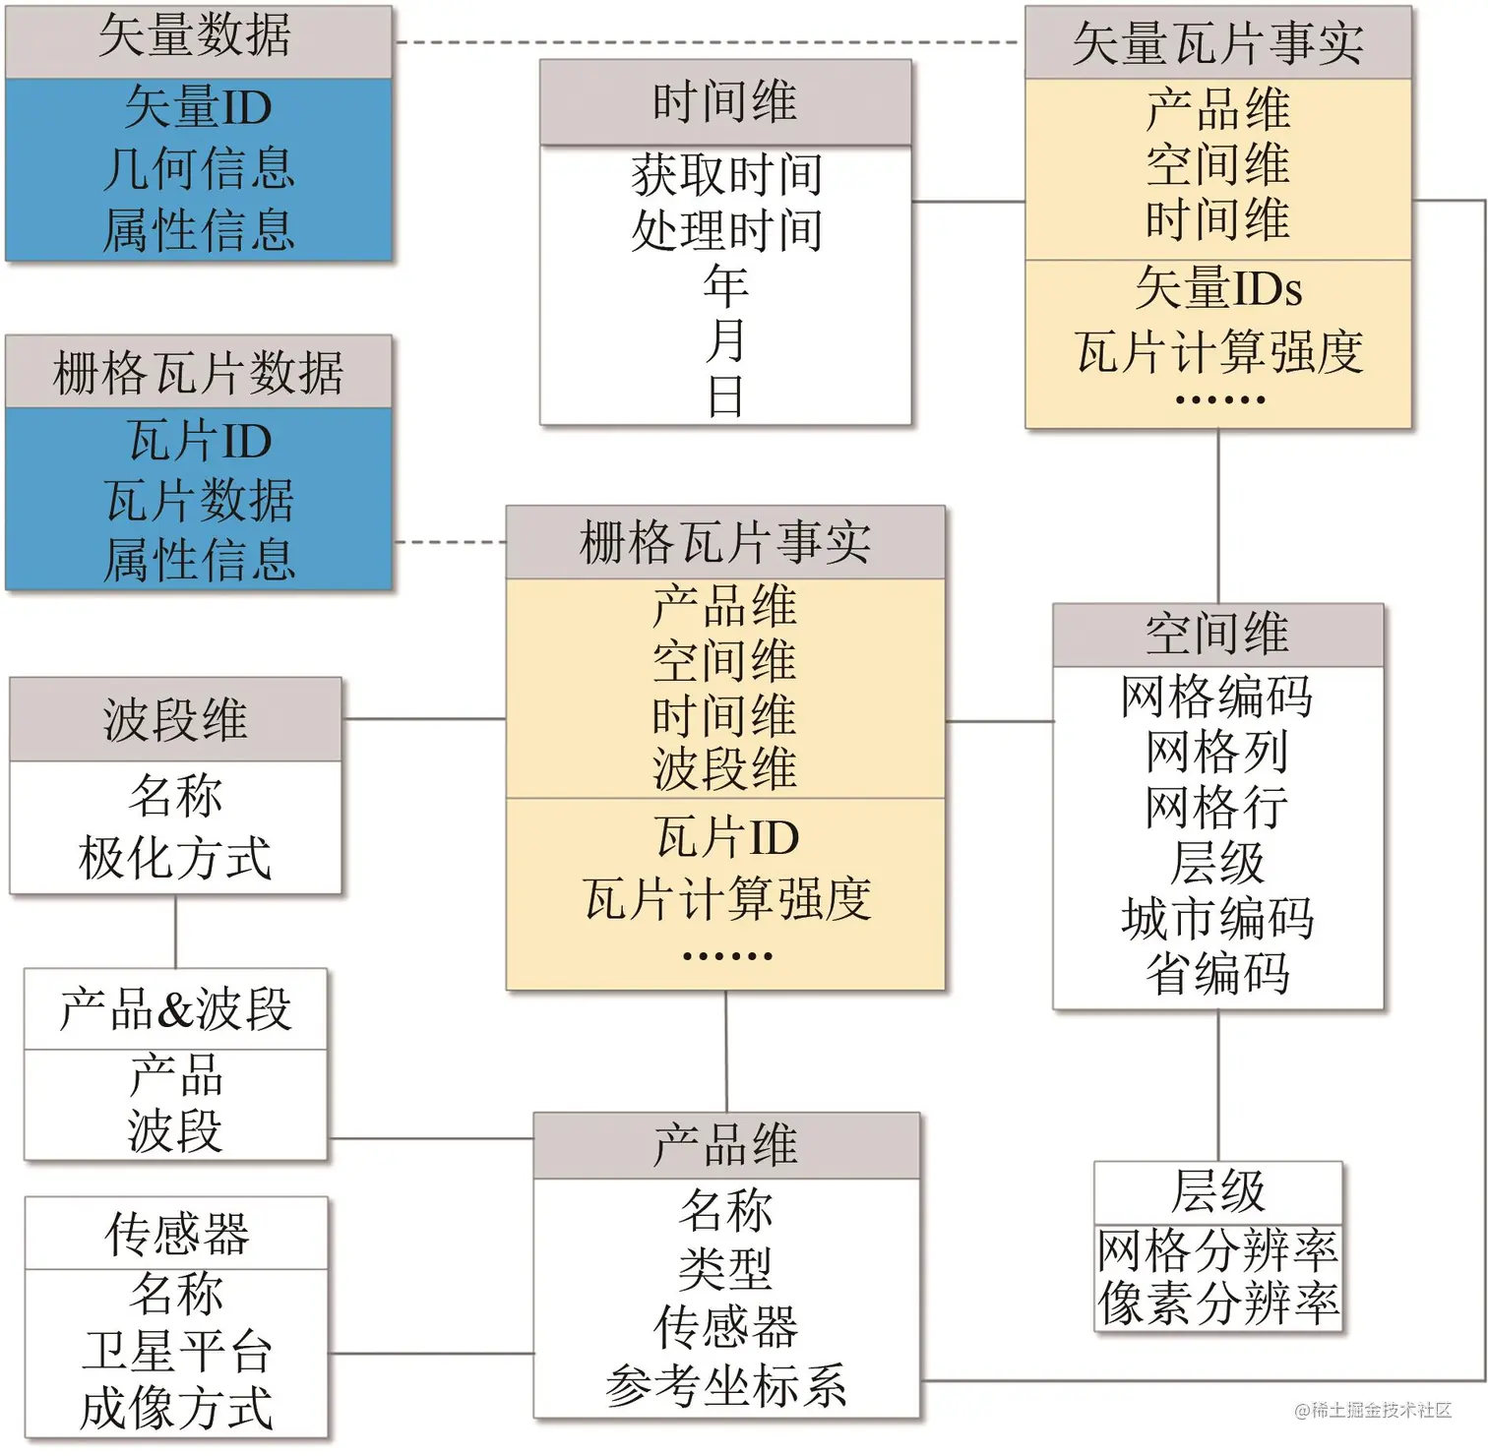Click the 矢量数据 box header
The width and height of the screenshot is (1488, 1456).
pos(197,37)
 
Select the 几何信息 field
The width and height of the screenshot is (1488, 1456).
pos(199,168)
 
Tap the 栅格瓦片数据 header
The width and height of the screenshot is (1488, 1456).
pos(198,373)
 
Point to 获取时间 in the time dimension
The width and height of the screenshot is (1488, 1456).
pos(726,175)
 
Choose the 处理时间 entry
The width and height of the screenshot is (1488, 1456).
pos(726,231)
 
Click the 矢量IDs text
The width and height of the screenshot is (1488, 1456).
pos(1218,289)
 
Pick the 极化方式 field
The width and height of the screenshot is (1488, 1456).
pos(175,858)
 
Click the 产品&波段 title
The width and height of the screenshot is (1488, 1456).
pos(175,1009)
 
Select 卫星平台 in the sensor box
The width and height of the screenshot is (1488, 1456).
pos(176,1352)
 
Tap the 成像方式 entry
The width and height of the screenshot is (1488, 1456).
pos(176,1408)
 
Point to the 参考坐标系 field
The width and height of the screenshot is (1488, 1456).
pos(726,1386)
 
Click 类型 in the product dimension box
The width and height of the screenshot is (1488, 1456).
pos(726,1268)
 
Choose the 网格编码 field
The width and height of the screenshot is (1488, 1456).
pos(1217,697)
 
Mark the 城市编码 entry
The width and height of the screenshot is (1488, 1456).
pos(1217,919)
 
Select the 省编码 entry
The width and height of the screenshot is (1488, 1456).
pos(1217,974)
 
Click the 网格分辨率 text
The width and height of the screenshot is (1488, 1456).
pos(1218,1250)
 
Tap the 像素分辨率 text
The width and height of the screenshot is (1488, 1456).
pos(1218,1304)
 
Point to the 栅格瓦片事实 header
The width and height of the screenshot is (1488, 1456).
pos(725,543)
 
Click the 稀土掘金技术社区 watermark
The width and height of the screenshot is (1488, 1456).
pos(1374,1411)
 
